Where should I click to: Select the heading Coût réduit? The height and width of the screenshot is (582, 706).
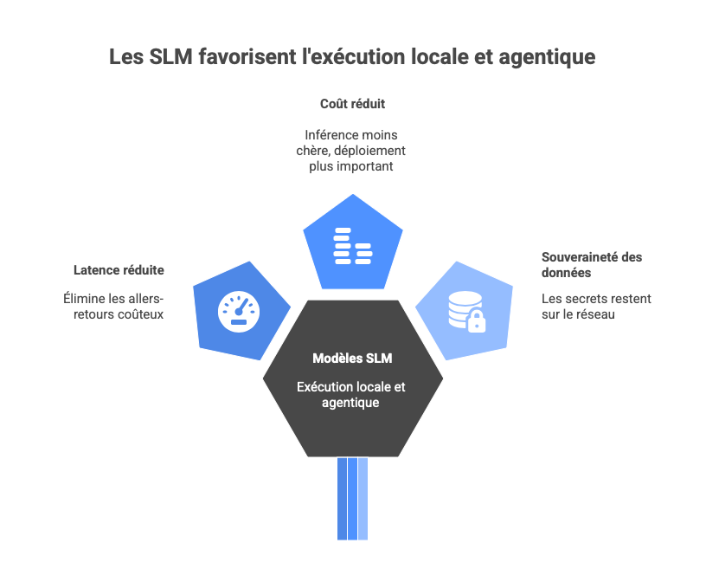(352, 103)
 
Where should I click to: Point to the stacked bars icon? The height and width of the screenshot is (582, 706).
(352, 245)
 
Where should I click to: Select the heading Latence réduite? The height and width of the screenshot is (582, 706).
(119, 270)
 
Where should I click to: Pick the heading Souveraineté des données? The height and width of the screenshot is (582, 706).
(591, 264)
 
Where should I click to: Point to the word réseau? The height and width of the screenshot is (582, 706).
(596, 314)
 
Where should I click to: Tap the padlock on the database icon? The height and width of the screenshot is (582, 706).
(477, 323)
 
